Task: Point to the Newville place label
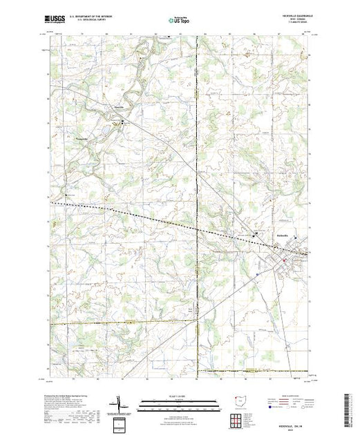(x=119, y=108)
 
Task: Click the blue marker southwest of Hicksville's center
(x=256, y=272)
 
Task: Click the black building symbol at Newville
(x=123, y=121)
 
